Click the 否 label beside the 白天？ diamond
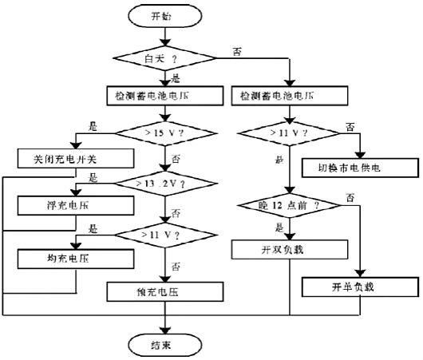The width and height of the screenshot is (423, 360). click(x=237, y=50)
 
